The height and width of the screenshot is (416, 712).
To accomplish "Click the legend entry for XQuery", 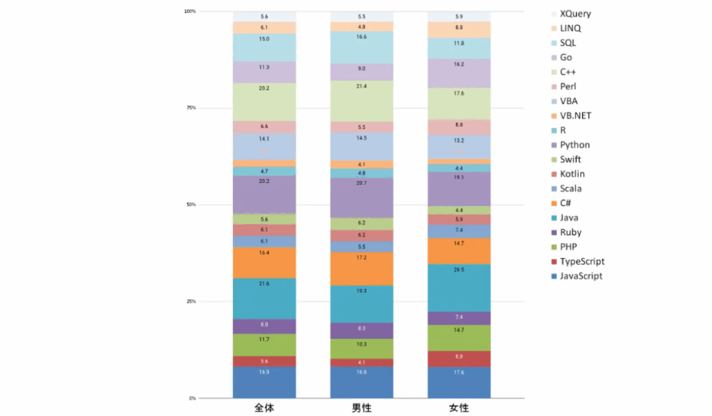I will pyautogui.click(x=574, y=13).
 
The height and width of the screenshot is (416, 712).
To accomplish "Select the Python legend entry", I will pyautogui.click(x=574, y=145).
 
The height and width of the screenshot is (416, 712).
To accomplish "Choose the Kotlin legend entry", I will pyautogui.click(x=572, y=174).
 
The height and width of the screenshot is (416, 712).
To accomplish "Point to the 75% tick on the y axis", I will pyautogui.click(x=190, y=108).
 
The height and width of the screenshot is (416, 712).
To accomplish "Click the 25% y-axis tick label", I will pyautogui.click(x=190, y=301).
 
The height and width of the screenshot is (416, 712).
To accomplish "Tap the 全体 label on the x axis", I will pyautogui.click(x=264, y=408).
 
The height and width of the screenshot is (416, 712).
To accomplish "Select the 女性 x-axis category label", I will pyautogui.click(x=459, y=408).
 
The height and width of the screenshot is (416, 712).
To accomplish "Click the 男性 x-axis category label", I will pyautogui.click(x=362, y=408).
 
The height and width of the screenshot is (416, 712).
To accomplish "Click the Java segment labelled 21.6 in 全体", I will pyautogui.click(x=264, y=298).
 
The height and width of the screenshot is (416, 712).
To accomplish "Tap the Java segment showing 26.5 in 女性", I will pyautogui.click(x=459, y=287).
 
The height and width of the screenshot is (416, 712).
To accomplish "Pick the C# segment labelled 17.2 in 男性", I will pyautogui.click(x=362, y=268).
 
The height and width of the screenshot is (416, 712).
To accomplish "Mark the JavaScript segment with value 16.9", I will pyautogui.click(x=264, y=382).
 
